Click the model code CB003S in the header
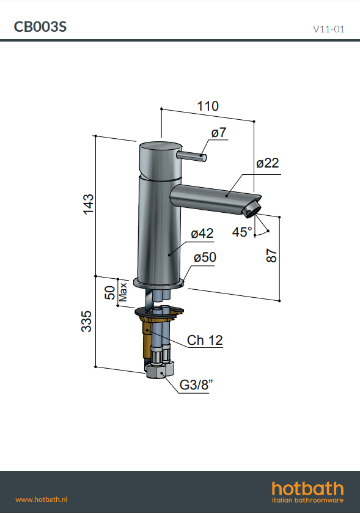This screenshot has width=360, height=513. click(x=40, y=26)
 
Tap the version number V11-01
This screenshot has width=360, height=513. click(x=329, y=29)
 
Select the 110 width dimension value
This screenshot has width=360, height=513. click(x=208, y=106)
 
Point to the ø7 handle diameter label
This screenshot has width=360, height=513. click(x=219, y=133)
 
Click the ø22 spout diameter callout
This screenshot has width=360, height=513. click(x=268, y=163)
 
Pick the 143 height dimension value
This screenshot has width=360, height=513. click(x=88, y=204)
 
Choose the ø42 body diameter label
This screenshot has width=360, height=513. click(x=202, y=234)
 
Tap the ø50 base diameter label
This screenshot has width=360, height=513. click(x=205, y=257)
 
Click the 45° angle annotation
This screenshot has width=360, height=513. click(x=242, y=232)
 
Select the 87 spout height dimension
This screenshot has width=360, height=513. click(x=271, y=256)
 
